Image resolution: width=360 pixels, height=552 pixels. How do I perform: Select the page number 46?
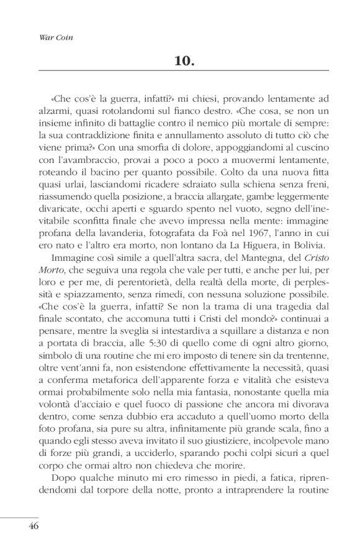click(x=34, y=526)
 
